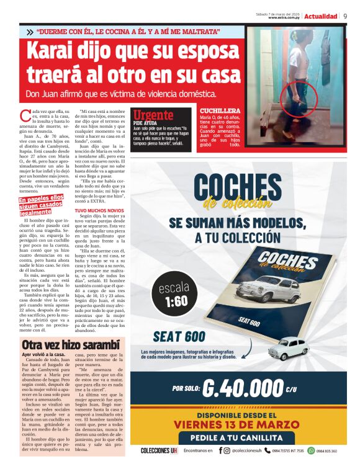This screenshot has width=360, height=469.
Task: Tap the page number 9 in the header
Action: point(345,16)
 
